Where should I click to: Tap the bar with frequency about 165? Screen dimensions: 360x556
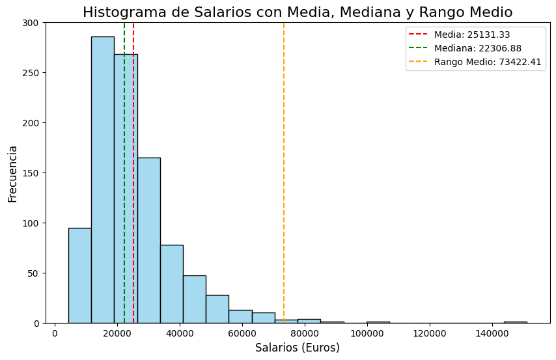coord(148,240)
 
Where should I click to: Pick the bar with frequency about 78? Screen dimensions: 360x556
coord(171,284)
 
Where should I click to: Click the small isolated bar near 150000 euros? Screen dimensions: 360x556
coord(515,322)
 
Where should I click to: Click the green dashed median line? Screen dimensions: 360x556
coord(124,130)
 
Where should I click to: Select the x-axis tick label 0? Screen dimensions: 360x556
coord(55,333)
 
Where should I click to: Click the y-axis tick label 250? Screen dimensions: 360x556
coord(31,73)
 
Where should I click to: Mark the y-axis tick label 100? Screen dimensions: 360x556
coord(31,223)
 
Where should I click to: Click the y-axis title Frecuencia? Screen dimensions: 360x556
coord(12,173)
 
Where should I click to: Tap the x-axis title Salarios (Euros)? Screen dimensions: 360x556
coord(297,348)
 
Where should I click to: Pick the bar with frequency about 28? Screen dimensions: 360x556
coord(217,309)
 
